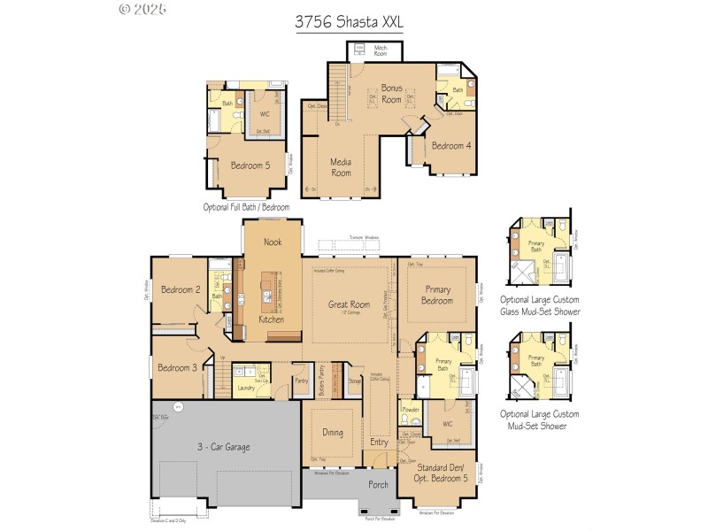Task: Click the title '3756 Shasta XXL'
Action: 349,22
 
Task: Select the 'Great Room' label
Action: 349,305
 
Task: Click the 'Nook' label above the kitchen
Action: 273,242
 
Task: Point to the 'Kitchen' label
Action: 272,319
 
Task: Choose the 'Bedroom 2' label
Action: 181,289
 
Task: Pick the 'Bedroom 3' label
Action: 177,367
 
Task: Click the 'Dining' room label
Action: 332,433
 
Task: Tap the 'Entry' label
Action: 379,442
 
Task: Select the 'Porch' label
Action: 378,484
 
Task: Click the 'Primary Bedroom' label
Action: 438,295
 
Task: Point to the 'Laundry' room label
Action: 247,388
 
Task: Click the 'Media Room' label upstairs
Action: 341,167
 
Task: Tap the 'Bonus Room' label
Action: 391,94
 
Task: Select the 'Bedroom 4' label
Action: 451,146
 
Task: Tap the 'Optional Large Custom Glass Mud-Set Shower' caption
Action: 540,305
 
